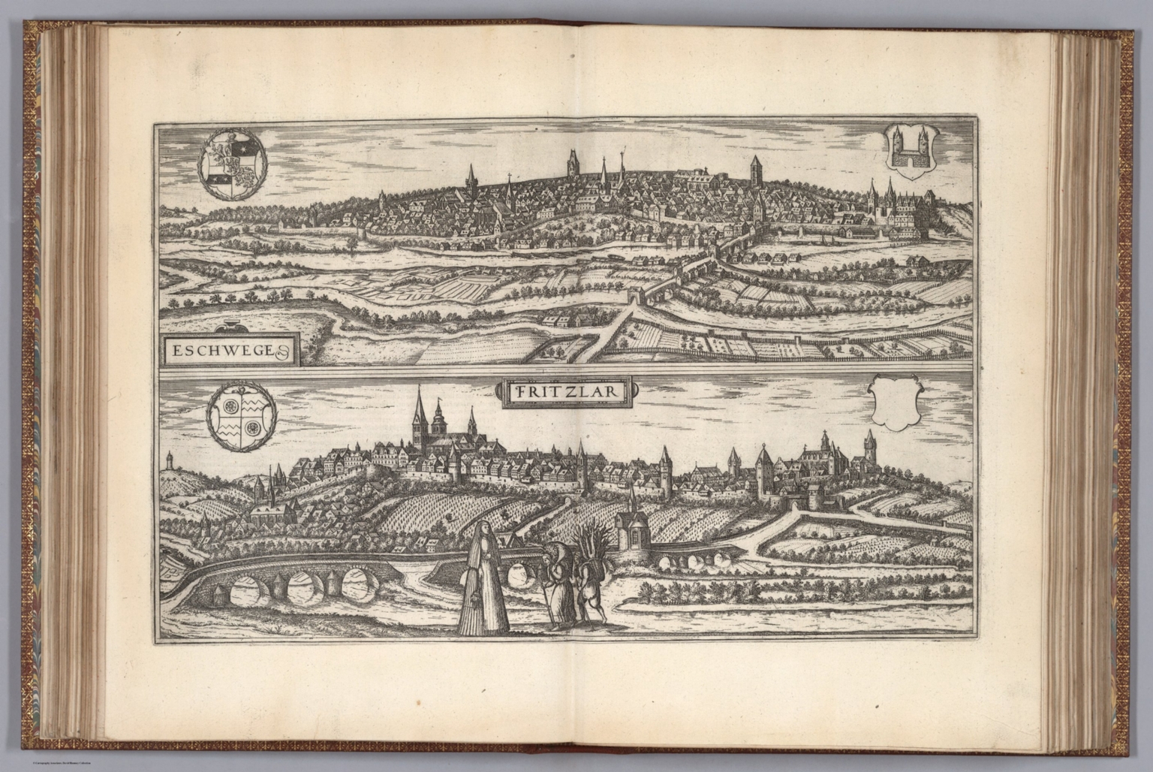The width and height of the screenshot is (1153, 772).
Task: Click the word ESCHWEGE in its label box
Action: (x=221, y=349)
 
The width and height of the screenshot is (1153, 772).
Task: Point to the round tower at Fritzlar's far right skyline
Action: (x=869, y=445)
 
